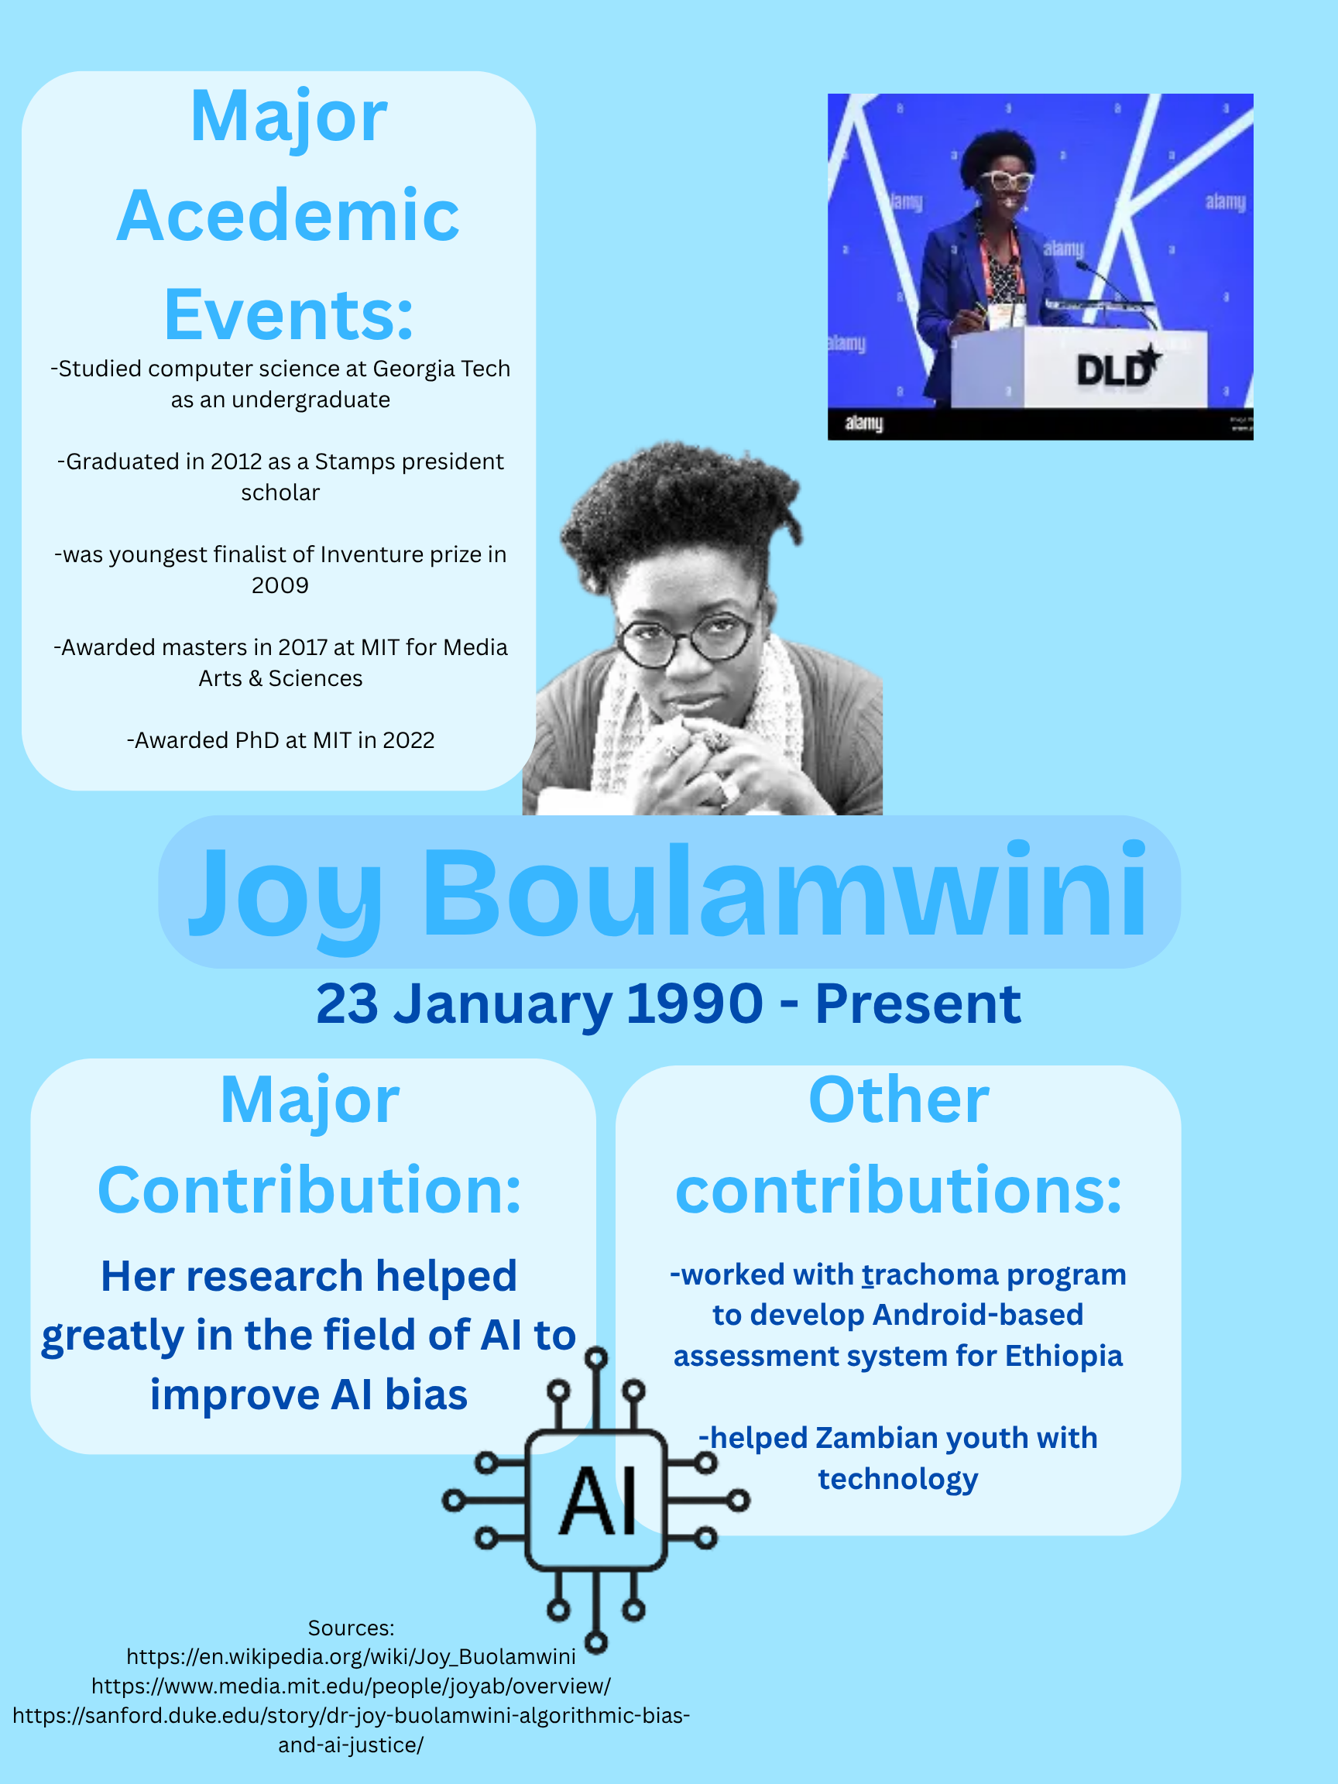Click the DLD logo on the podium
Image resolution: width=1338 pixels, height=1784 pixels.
tap(1118, 367)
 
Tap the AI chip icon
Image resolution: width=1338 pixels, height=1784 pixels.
tap(596, 1501)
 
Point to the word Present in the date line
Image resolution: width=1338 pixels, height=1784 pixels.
tap(918, 1004)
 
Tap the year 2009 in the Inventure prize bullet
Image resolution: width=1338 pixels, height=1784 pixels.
tap(280, 585)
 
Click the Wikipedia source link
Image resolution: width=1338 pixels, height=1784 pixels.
tap(351, 1657)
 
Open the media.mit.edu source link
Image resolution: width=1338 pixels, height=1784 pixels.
tap(351, 1686)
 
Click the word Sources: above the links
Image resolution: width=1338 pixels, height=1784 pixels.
tap(351, 1628)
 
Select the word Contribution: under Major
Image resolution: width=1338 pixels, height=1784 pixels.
tap(310, 1190)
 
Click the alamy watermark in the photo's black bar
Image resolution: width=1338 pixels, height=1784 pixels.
tap(864, 424)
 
